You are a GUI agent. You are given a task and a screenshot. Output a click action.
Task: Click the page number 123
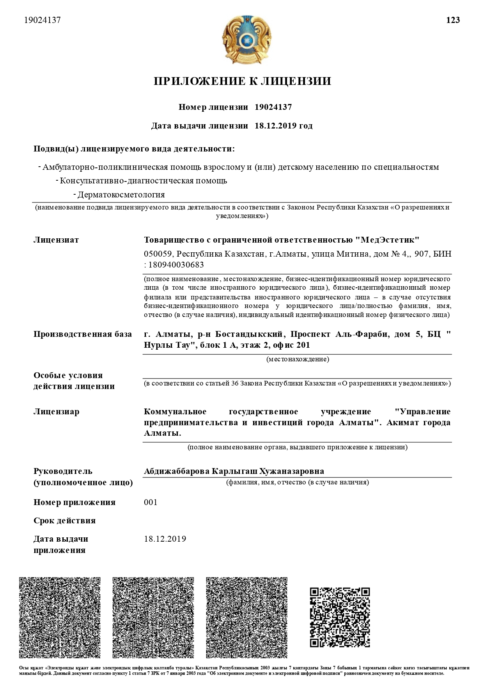(453, 20)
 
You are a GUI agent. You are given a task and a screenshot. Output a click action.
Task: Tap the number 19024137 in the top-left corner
(43, 20)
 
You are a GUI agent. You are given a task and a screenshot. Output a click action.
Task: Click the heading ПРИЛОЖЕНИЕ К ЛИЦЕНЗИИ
(242, 81)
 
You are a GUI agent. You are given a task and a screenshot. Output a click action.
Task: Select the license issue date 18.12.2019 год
(284, 126)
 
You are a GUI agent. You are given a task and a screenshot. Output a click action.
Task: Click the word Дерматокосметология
(121, 195)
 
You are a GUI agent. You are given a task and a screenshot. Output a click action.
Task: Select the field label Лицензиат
(56, 240)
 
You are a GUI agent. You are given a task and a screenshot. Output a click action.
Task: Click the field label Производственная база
(83, 334)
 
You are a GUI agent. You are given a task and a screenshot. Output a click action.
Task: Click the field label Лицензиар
(57, 412)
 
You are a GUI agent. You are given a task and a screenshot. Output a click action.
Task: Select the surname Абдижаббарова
(176, 471)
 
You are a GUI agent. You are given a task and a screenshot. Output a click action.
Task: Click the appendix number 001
(151, 502)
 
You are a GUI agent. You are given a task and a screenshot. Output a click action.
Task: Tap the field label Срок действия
(65, 521)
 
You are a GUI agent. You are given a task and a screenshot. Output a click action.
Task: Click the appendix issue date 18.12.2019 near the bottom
(165, 539)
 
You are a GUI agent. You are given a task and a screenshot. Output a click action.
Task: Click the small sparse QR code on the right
(340, 617)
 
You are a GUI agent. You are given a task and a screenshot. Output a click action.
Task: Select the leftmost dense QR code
(60, 617)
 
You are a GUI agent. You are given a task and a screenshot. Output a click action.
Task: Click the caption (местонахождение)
(298, 359)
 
